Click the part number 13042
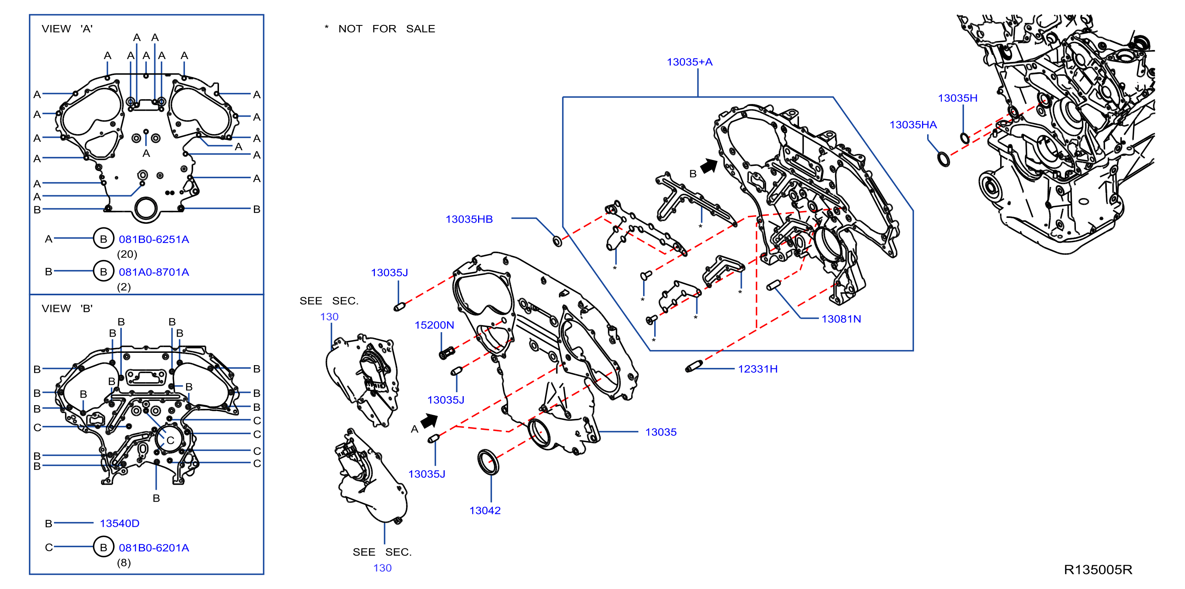click(485, 510)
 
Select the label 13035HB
click(469, 219)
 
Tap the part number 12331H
click(758, 369)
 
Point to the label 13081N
click(841, 319)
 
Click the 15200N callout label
click(434, 325)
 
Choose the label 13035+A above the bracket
click(689, 62)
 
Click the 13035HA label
click(913, 125)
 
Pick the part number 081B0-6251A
click(154, 239)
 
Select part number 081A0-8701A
click(154, 272)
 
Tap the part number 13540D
click(119, 523)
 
